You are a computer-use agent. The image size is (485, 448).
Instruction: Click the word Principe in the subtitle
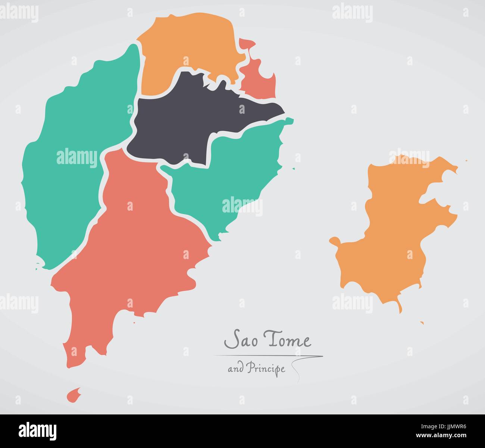[268, 369]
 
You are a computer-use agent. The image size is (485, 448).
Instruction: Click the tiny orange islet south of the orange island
[422, 323]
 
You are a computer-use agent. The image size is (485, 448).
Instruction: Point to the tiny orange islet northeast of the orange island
[466, 161]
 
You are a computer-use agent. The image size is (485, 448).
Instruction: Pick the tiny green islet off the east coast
[293, 169]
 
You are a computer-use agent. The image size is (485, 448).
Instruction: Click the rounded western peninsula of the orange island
[335, 241]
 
